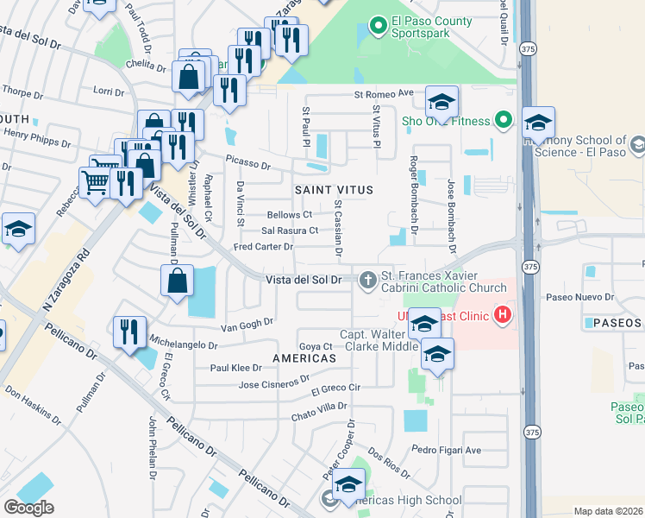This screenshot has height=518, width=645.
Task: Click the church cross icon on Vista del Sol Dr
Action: click(x=368, y=279)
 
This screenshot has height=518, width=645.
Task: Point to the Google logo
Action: click(x=28, y=508)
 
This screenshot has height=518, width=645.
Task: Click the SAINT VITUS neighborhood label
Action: click(x=335, y=189)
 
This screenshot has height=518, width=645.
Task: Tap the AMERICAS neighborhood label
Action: click(x=304, y=357)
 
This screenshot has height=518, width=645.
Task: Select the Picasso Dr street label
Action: click(x=248, y=161)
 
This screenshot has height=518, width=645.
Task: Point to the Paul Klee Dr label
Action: click(x=235, y=367)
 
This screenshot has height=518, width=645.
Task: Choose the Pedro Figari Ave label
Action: click(x=446, y=450)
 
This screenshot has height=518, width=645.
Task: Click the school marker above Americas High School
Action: click(x=349, y=483)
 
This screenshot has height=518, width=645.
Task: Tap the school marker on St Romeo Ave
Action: click(x=441, y=104)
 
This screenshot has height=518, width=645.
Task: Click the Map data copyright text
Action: click(x=609, y=511)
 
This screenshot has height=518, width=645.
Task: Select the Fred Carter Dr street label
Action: click(x=264, y=247)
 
